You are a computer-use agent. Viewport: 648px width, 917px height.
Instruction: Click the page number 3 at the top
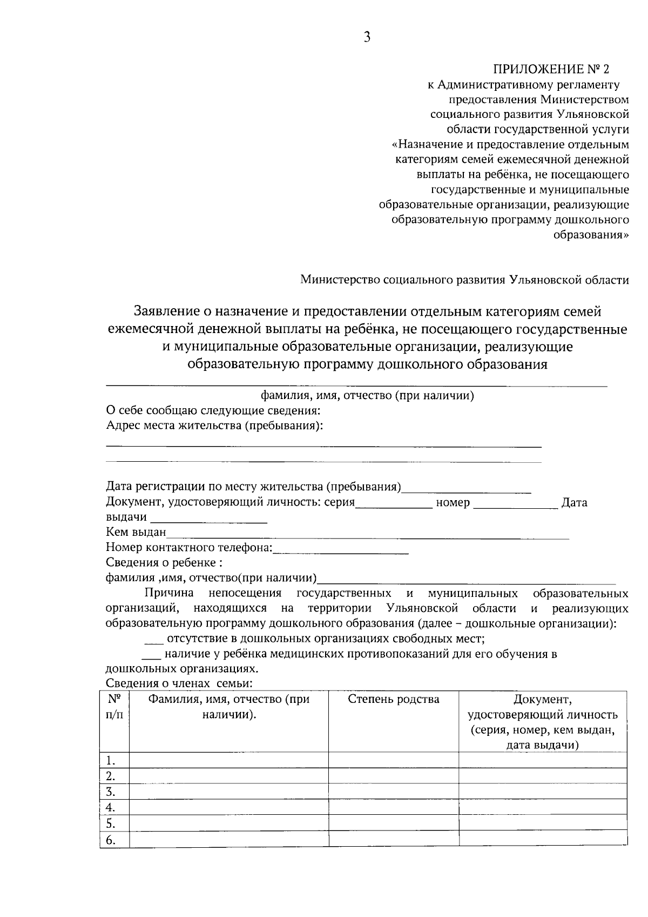click(367, 37)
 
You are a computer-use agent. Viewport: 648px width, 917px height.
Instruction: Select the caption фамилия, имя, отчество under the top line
click(367, 396)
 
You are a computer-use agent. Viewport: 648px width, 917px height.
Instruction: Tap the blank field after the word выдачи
click(208, 519)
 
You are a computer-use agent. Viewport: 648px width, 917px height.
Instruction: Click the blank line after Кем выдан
click(367, 534)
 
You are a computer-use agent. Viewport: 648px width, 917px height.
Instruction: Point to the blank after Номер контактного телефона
click(341, 549)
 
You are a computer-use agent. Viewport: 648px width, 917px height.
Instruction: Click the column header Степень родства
click(394, 700)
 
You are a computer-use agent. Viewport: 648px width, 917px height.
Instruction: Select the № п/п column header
click(114, 707)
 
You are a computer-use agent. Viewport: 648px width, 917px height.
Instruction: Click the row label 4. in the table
click(111, 807)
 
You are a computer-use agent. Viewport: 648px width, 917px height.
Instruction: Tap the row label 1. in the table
click(111, 760)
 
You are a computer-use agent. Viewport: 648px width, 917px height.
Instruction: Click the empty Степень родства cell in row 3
click(394, 792)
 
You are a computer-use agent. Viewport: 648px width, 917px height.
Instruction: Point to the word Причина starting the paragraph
click(169, 594)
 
